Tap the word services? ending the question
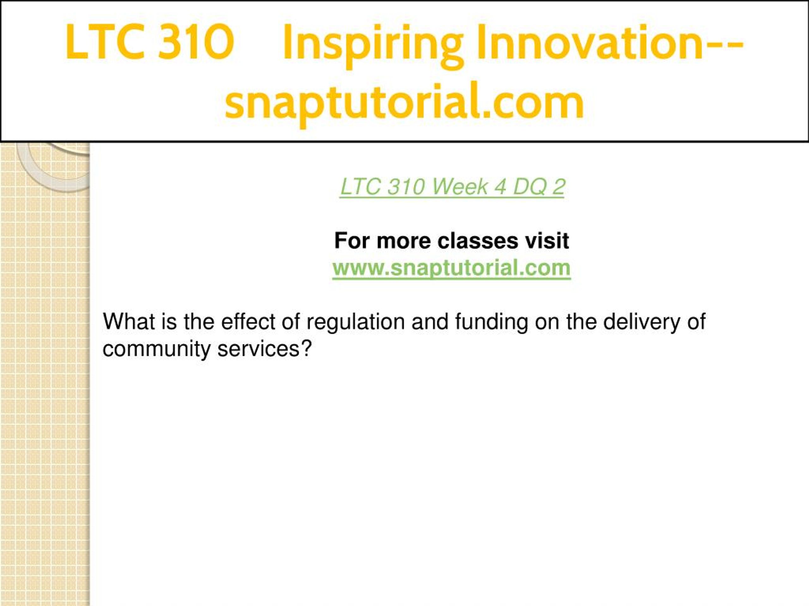tap(265, 349)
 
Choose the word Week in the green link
tap(460, 187)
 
